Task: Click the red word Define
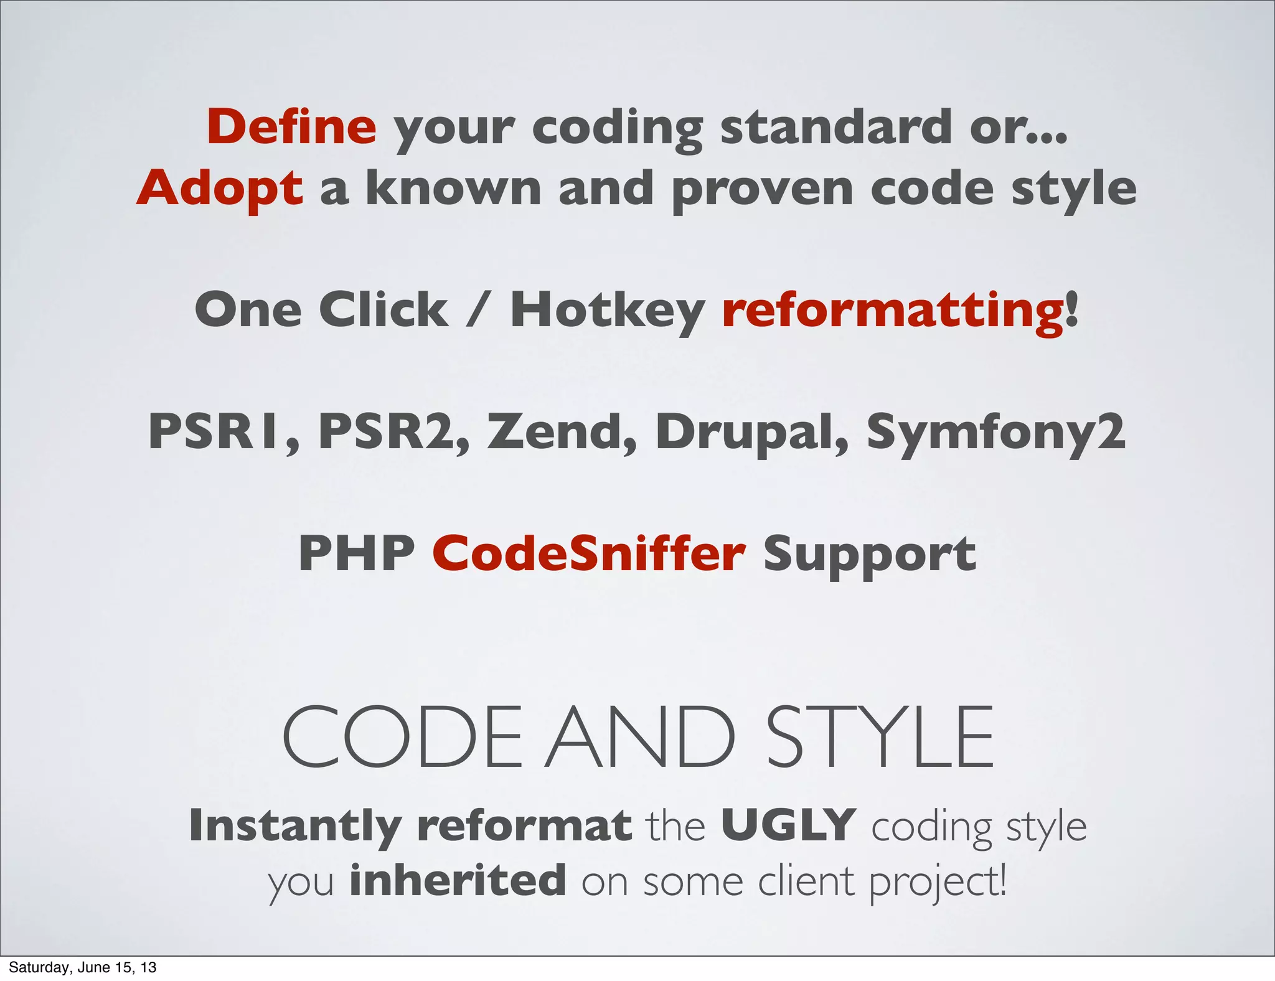291,126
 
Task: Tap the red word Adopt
220,188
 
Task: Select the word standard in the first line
834,126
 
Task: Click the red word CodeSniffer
588,553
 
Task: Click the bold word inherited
458,880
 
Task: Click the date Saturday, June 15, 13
82,967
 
